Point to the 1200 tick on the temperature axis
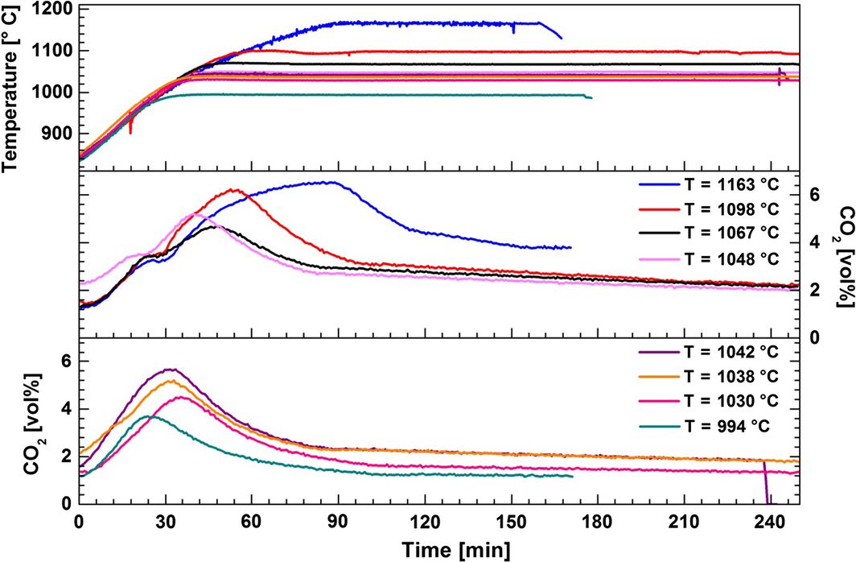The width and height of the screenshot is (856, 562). point(52,10)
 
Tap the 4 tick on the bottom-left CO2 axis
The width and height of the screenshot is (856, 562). point(64,409)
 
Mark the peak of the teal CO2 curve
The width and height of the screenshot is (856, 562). point(152,416)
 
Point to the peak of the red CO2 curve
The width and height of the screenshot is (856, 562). point(234,190)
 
